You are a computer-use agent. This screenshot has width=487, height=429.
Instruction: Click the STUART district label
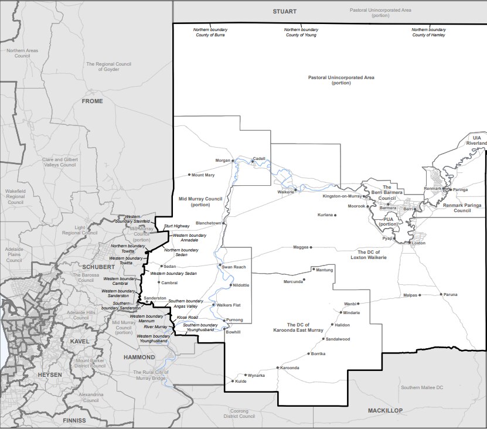click(x=285, y=11)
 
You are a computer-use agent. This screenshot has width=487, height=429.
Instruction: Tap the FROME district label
click(x=92, y=101)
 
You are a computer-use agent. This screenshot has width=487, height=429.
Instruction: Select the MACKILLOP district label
click(x=386, y=411)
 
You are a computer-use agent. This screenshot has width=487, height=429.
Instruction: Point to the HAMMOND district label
click(x=139, y=357)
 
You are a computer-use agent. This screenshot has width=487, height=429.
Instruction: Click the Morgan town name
click(x=223, y=160)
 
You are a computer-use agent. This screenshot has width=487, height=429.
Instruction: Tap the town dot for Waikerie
click(x=297, y=189)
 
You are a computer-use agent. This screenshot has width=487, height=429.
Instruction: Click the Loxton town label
click(x=418, y=243)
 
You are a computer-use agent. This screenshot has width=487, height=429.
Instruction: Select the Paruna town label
click(x=450, y=294)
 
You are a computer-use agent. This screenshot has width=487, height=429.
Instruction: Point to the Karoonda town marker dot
click(x=278, y=368)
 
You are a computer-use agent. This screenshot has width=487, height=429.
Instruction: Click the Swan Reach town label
click(x=234, y=267)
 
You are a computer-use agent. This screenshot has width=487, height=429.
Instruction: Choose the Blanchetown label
click(x=208, y=223)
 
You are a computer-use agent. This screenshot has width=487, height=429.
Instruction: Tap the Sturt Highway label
click(x=176, y=226)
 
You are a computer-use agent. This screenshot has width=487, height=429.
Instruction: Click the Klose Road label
click(x=187, y=317)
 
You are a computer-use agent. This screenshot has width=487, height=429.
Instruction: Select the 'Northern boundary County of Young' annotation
click(x=301, y=32)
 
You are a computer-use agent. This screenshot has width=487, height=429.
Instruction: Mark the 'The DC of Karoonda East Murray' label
click(x=302, y=328)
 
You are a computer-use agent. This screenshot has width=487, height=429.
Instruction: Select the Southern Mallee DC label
click(x=422, y=387)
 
